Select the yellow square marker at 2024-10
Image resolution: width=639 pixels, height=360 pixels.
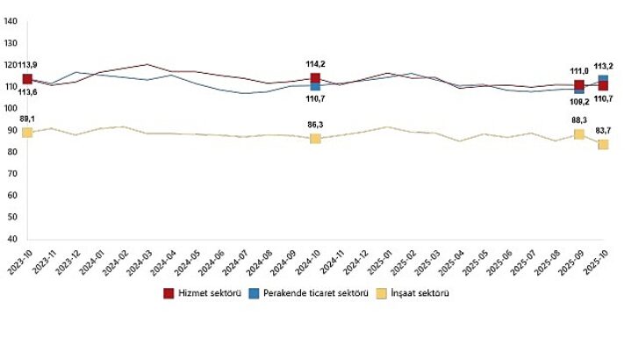315,139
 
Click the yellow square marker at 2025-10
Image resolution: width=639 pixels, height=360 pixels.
603,144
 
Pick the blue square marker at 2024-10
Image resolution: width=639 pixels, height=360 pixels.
315,86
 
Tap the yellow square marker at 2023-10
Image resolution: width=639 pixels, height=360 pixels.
27,133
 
